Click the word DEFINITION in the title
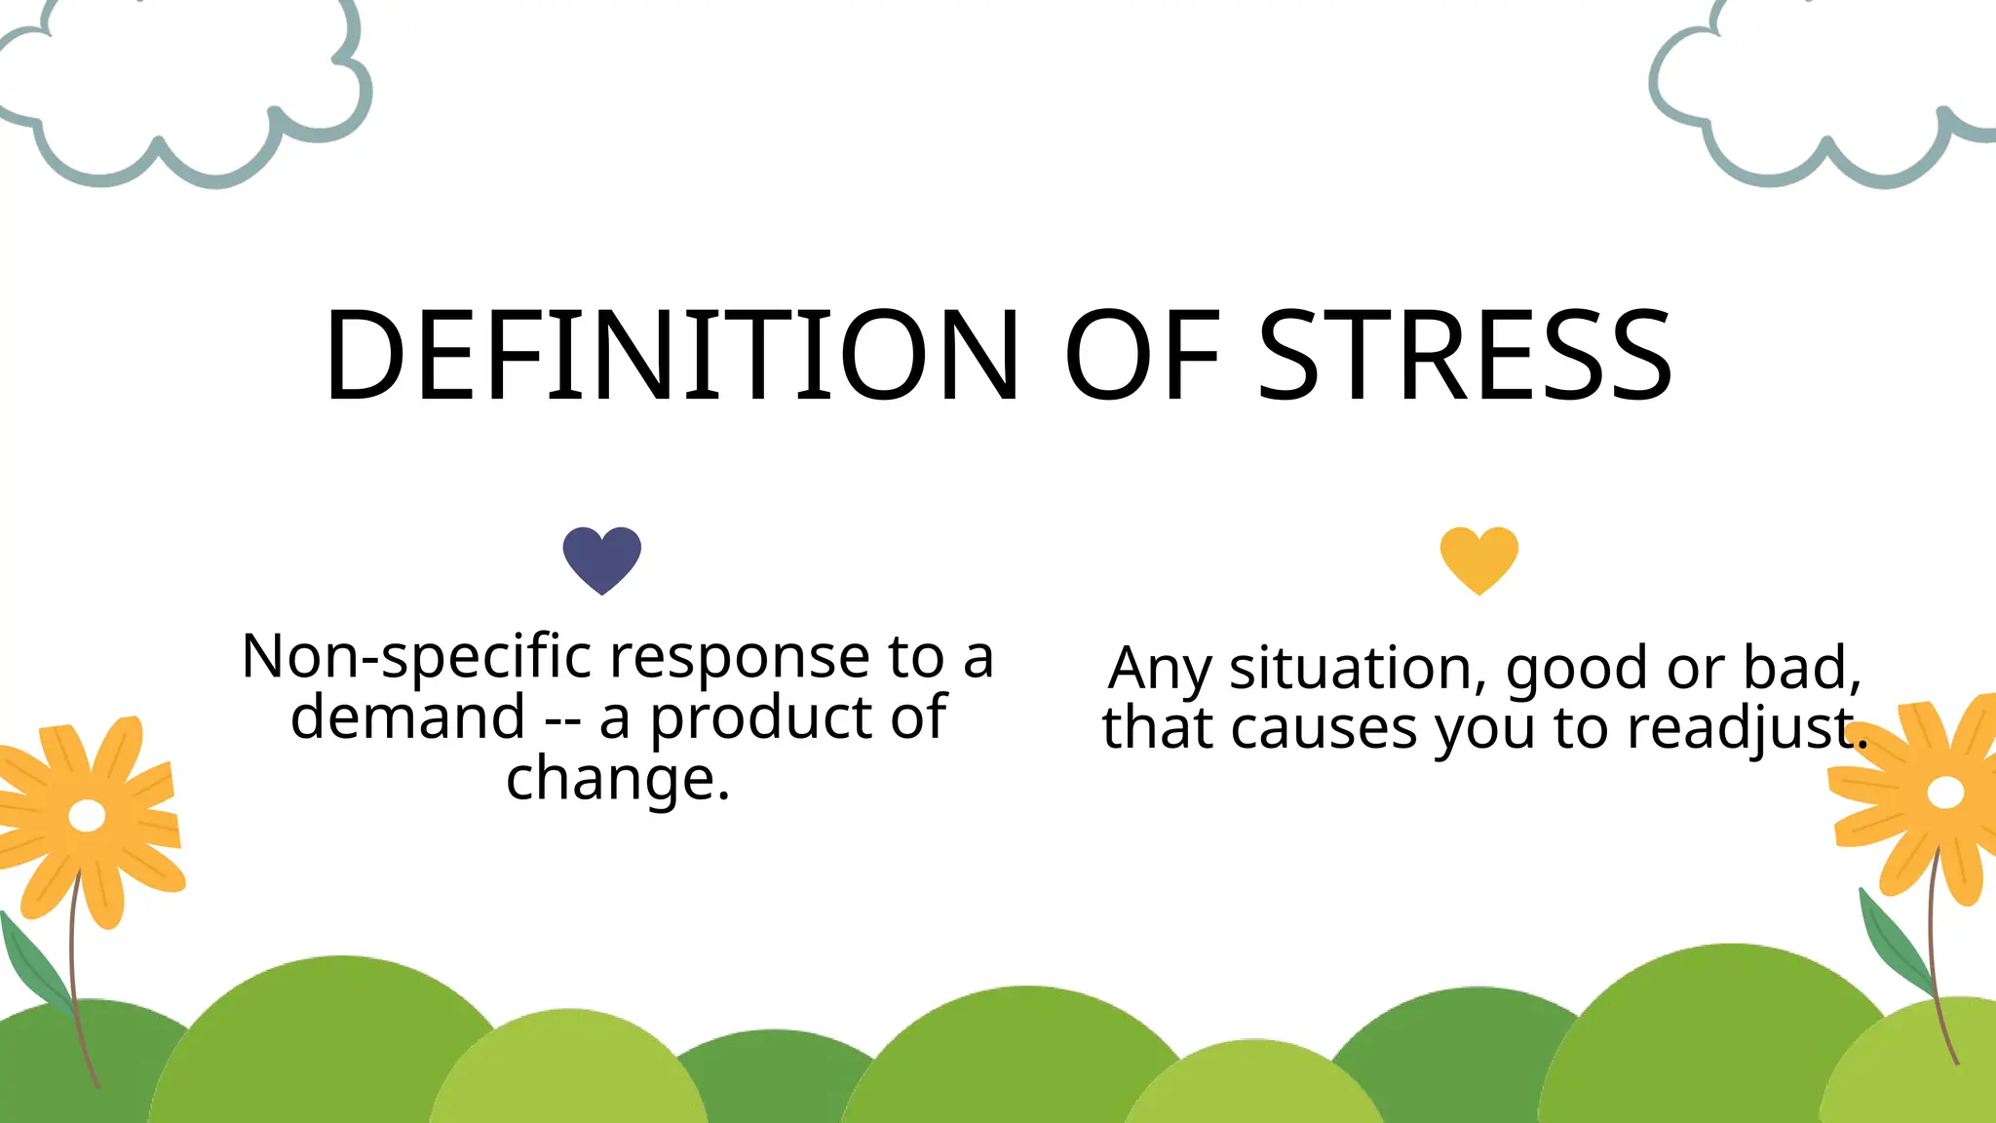click(671, 355)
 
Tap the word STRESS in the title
click(1465, 355)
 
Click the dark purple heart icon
click(602, 559)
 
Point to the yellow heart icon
click(1479, 559)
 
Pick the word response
click(740, 658)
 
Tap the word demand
click(408, 718)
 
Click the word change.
click(608, 780)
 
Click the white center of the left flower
click(87, 815)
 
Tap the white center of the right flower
click(1945, 793)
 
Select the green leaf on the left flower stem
click(34, 965)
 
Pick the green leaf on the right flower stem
click(1895, 941)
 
